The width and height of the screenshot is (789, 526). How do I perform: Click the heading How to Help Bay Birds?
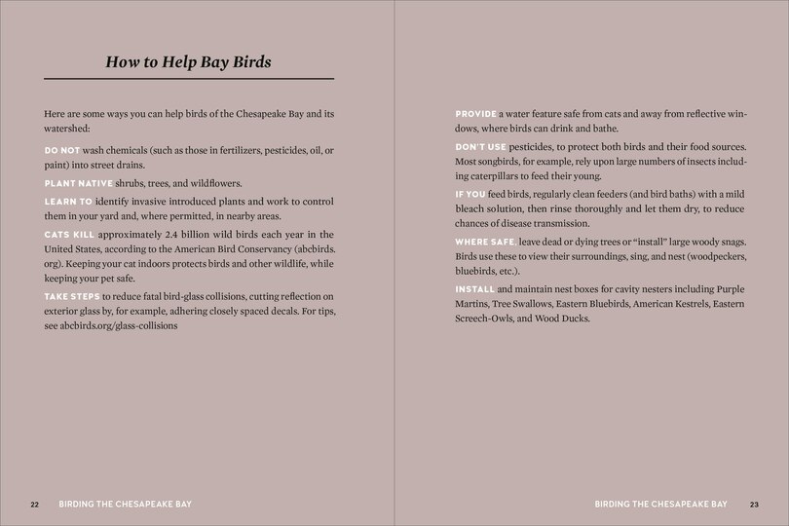coord(188,62)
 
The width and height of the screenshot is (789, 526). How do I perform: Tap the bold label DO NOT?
coord(62,151)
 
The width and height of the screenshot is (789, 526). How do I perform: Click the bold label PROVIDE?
coord(476,115)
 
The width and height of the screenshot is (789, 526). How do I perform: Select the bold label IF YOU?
coord(470,195)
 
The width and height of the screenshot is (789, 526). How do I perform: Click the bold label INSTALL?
coord(474,290)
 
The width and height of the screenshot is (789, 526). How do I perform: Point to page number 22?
coord(34,505)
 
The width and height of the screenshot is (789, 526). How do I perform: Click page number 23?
coord(754,505)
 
